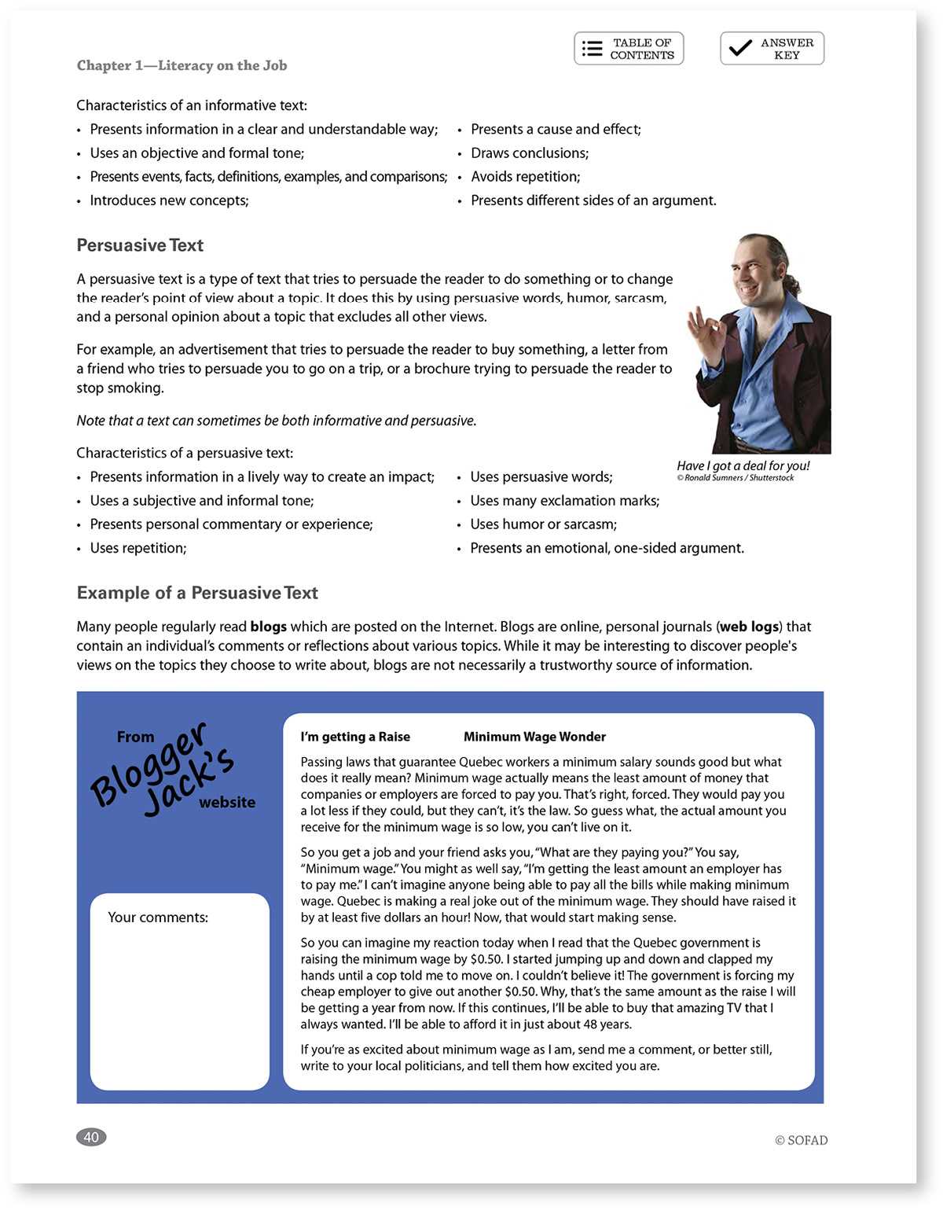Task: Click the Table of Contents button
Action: pos(629,49)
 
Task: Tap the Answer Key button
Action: pos(772,49)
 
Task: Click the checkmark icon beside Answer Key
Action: pos(739,48)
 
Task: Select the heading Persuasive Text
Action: pos(140,245)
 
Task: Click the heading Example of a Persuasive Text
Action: pos(197,593)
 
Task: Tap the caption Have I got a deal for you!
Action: pos(743,465)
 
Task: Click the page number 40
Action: pos(91,1137)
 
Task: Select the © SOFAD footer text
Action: pos(801,1140)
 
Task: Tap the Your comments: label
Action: pos(158,918)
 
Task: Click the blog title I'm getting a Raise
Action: pos(355,737)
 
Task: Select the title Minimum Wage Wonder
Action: pos(534,737)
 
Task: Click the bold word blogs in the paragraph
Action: pos(268,627)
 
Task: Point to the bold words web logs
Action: pos(749,627)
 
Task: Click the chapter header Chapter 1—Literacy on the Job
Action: pos(182,65)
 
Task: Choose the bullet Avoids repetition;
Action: pos(525,177)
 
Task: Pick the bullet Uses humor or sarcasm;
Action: pos(543,524)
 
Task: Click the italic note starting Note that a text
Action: pos(276,421)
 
